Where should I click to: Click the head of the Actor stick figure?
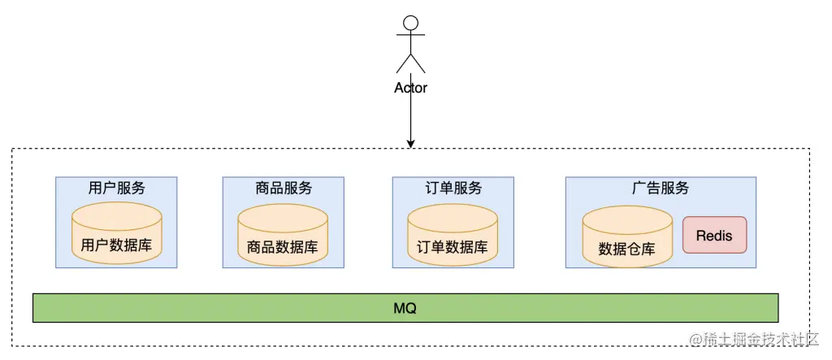(x=410, y=23)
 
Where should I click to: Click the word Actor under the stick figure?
(x=410, y=88)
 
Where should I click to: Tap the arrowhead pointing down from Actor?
(x=411, y=144)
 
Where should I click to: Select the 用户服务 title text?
(x=116, y=188)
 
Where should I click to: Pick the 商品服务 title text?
(x=283, y=188)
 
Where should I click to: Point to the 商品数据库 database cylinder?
(x=283, y=236)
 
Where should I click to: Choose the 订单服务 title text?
(x=453, y=188)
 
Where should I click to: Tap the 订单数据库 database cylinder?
(x=453, y=235)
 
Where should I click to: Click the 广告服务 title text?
(x=660, y=188)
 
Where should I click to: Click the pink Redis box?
(x=714, y=236)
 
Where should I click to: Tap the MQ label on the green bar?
(x=405, y=309)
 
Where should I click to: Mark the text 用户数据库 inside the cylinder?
(x=116, y=245)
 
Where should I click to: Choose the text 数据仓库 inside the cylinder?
(x=626, y=249)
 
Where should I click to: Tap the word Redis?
(x=714, y=236)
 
